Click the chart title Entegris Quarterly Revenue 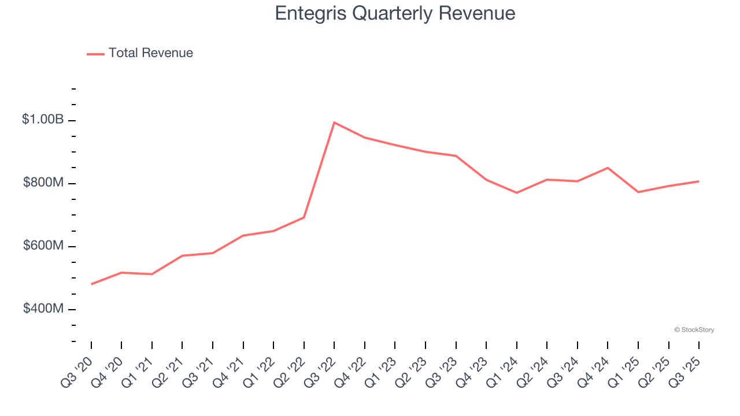395,13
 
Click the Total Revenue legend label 150,53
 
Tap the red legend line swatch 95,54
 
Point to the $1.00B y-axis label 43,120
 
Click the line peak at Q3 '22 334,122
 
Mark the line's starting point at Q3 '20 91,284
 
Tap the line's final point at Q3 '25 698,181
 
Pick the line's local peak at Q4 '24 608,168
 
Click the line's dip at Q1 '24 516,192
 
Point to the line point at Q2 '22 304,217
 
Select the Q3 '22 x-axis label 321,372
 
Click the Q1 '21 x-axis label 139,372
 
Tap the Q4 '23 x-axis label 473,372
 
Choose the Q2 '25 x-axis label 656,372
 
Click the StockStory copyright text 694,330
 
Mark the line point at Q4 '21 243,235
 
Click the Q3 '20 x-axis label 79,372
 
